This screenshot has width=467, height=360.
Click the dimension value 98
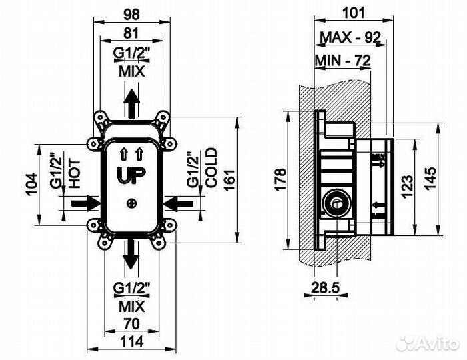tap(133, 13)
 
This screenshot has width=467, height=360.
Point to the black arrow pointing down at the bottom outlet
tap(133, 255)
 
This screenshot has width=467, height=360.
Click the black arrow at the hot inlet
tap(85, 201)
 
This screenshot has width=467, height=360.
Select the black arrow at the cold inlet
tap(178, 201)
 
